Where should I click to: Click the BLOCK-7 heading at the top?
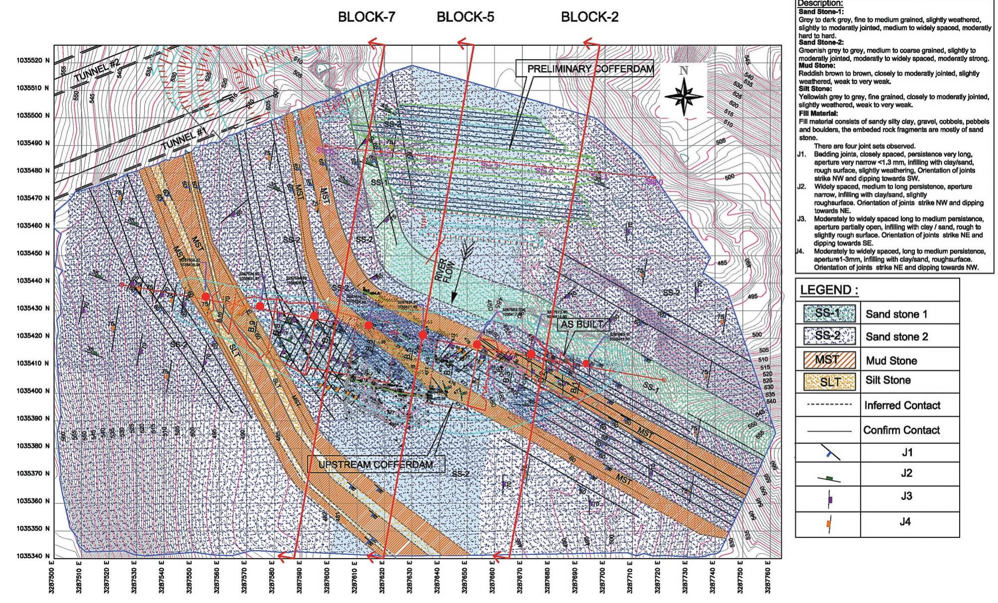click(x=367, y=17)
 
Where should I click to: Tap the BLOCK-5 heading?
click(x=465, y=17)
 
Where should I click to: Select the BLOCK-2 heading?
click(x=590, y=17)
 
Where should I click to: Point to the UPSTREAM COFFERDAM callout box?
click(x=376, y=464)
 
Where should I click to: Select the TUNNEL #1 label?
click(x=185, y=139)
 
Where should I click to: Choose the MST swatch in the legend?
click(x=827, y=359)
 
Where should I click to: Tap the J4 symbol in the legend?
click(x=828, y=523)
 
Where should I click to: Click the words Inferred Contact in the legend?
click(x=902, y=405)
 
